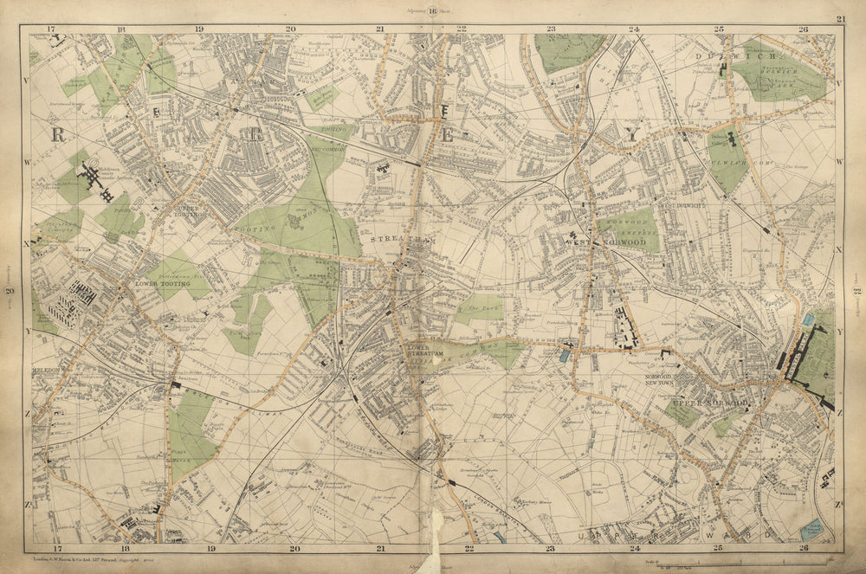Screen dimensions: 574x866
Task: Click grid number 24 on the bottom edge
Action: (634, 547)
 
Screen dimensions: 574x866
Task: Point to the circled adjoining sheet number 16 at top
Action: (433, 10)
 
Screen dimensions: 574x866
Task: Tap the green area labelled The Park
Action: (479, 309)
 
